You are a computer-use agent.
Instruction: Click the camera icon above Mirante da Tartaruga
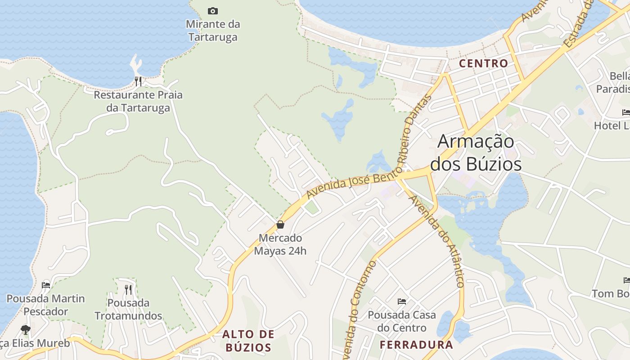coord(213,11)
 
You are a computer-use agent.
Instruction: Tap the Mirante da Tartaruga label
coord(213,30)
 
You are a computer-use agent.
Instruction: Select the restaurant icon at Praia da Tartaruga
coord(138,81)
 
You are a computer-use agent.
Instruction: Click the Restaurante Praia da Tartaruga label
coord(138,101)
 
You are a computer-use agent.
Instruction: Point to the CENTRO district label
coord(483,63)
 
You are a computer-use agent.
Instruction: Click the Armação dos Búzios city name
coord(476,153)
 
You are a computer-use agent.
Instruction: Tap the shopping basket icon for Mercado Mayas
coord(280,225)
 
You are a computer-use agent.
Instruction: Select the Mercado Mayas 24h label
coord(280,244)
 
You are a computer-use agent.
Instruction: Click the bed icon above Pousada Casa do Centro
coord(402,301)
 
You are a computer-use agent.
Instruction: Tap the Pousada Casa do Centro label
coord(402,321)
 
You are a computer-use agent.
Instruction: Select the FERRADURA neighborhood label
coord(416,345)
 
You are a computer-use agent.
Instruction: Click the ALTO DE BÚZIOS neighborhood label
coord(248,341)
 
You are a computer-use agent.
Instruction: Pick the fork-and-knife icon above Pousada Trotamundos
coord(128,289)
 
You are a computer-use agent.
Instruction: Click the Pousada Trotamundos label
coord(128,309)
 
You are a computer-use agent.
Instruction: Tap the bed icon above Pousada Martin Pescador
coord(45,285)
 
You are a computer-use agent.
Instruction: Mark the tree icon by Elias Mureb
coord(26,330)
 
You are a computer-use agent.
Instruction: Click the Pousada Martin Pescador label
coord(45,305)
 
